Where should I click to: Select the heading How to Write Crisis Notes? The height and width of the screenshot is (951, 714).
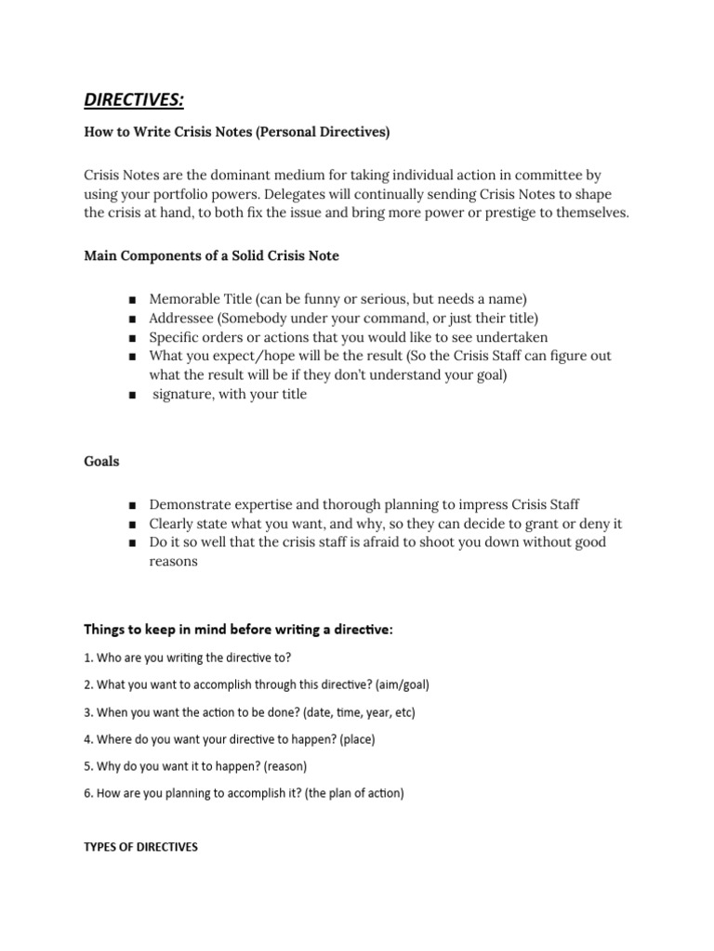tap(237, 133)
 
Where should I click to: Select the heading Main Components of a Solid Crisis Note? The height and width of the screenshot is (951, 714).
tap(211, 256)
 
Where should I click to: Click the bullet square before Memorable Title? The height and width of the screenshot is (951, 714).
tap(134, 300)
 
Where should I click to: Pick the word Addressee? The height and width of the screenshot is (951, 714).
tap(182, 318)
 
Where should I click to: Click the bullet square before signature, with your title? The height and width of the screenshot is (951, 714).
tap(134, 395)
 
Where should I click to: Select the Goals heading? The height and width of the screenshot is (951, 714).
tap(101, 462)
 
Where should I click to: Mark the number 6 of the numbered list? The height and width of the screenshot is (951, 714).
tap(87, 794)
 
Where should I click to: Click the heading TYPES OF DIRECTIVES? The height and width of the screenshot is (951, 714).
tap(140, 847)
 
